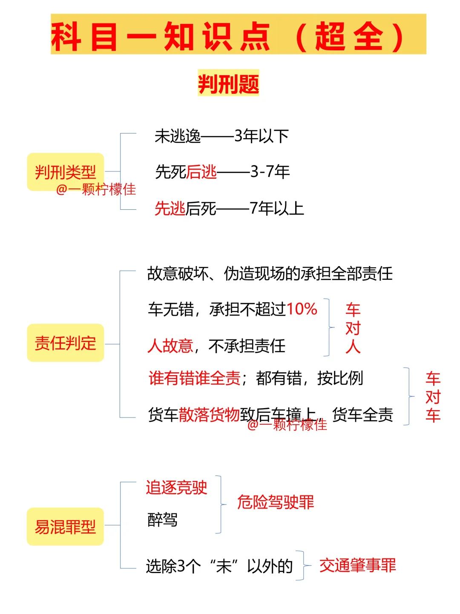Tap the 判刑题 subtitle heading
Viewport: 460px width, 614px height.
point(228,83)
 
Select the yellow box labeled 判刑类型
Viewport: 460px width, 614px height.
point(65,172)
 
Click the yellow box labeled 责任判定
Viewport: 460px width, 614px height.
point(65,343)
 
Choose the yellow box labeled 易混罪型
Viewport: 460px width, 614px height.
point(65,527)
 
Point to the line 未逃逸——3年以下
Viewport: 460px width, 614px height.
point(221,136)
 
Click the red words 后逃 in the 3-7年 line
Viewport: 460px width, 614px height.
point(201,172)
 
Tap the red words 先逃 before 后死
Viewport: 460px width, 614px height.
point(170,209)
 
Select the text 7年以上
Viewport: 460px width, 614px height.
point(276,209)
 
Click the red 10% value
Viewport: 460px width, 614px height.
point(302,309)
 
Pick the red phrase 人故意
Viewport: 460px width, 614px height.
point(170,345)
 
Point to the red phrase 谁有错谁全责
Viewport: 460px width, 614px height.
point(195,378)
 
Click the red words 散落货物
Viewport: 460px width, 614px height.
point(209,414)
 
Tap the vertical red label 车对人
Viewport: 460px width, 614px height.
point(353,328)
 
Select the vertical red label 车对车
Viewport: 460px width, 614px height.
point(433,397)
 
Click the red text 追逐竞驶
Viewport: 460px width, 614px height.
point(176,487)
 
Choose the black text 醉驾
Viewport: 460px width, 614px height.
point(162,519)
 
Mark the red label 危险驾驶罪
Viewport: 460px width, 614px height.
point(276,502)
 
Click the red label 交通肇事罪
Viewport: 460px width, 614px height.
point(357,565)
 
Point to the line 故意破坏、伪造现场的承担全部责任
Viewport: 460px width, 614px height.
point(270,273)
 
